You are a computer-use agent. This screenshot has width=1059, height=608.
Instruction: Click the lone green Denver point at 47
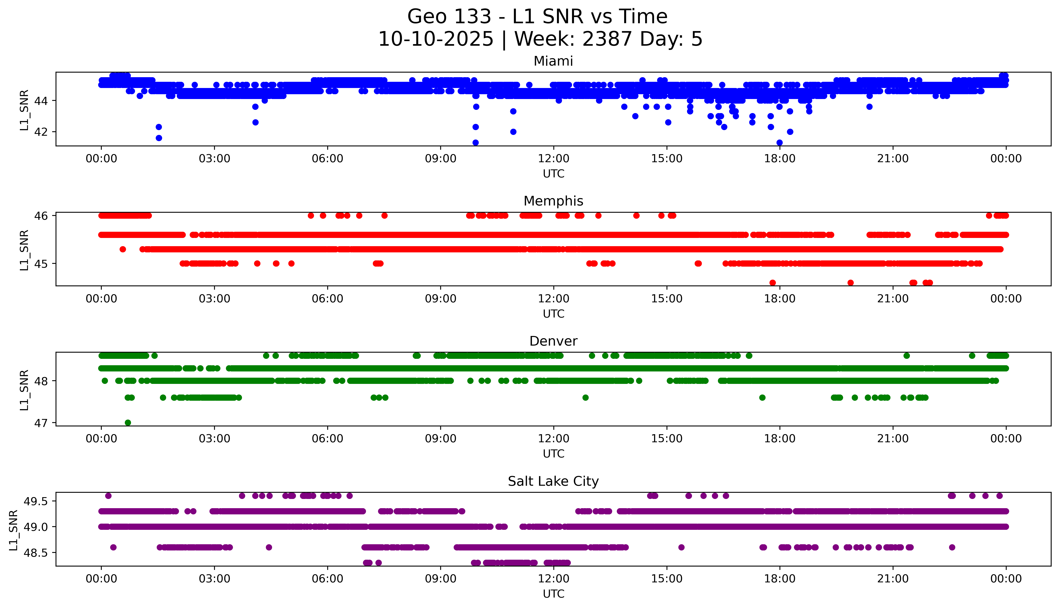point(128,423)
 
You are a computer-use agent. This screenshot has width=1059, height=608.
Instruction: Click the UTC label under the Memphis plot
point(553,314)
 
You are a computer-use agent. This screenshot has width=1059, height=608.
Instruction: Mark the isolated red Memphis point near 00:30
point(122,249)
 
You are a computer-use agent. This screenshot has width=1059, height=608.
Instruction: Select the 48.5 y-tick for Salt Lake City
point(36,552)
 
